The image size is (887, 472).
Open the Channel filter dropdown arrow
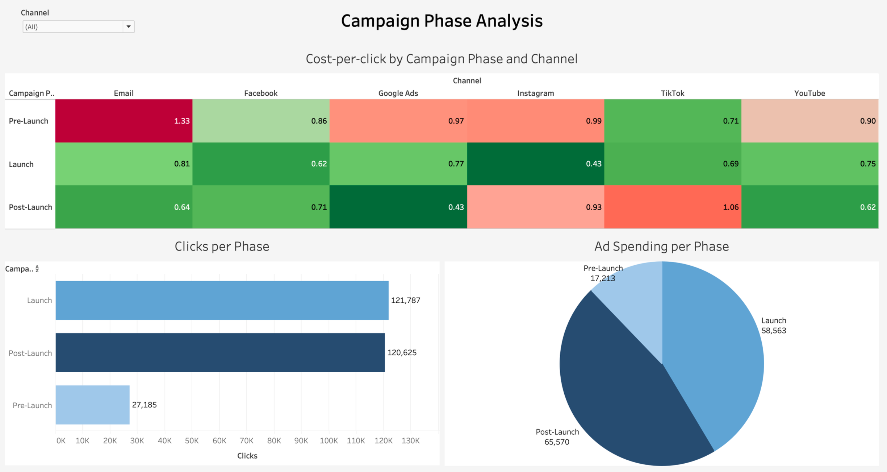(x=128, y=26)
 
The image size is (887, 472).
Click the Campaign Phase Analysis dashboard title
(x=442, y=21)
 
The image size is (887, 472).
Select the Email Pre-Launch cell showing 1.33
(x=124, y=121)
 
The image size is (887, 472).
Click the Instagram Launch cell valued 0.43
(x=535, y=164)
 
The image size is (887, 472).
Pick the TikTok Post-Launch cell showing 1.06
(x=673, y=207)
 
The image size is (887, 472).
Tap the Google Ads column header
(x=398, y=93)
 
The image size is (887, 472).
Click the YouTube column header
(x=809, y=93)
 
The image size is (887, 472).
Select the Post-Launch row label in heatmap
(x=30, y=207)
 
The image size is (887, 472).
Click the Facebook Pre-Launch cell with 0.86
(x=261, y=121)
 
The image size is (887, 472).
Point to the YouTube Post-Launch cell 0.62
(x=809, y=207)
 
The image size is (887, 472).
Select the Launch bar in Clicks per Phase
(x=222, y=300)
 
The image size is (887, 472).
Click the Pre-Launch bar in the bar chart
(x=92, y=405)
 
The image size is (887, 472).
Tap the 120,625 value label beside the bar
(x=402, y=352)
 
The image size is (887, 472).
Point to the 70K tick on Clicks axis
(x=246, y=440)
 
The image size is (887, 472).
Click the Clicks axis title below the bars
(x=247, y=456)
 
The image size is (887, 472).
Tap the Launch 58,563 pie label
(x=774, y=326)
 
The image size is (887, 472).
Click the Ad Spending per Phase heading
(x=661, y=247)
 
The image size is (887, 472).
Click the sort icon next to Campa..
(x=37, y=269)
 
